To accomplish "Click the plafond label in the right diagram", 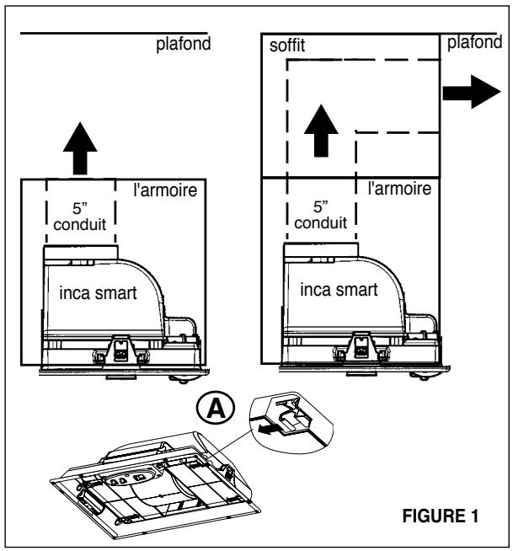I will click(473, 43).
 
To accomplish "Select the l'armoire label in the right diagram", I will click(400, 189).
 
